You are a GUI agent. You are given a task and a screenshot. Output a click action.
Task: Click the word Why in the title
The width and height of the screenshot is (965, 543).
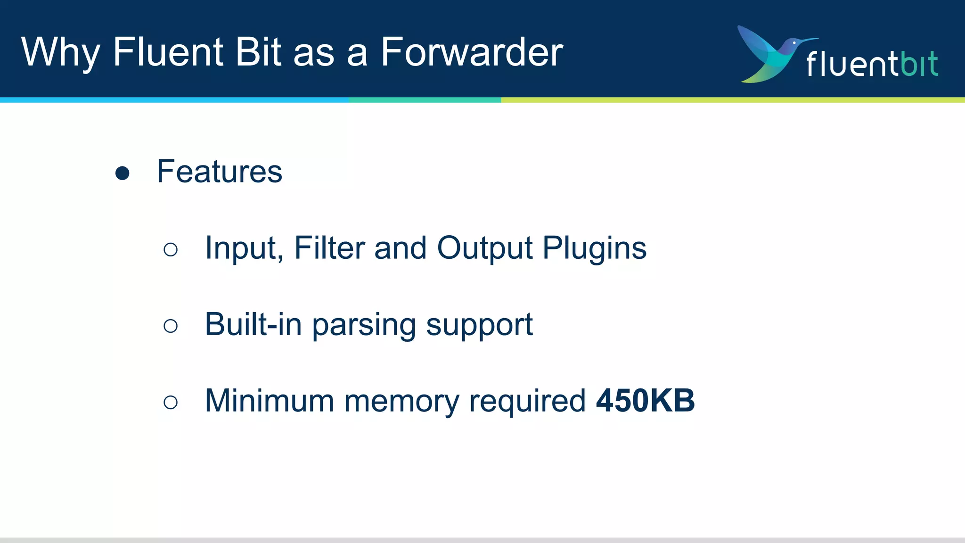[x=60, y=53]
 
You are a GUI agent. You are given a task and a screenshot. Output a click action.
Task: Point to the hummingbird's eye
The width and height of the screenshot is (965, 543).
[x=794, y=43]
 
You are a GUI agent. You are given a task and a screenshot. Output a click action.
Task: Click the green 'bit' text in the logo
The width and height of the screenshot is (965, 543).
[x=919, y=64]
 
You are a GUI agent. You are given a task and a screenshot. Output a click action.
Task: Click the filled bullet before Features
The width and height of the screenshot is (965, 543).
[x=123, y=173]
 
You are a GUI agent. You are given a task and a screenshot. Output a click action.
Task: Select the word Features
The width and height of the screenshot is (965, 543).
[x=220, y=172]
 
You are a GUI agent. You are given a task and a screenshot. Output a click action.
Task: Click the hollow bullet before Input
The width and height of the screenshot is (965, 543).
[x=171, y=249]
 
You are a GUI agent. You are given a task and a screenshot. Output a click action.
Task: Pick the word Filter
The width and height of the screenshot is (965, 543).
[x=329, y=248]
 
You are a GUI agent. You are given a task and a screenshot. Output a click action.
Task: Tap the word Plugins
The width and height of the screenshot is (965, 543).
[x=594, y=249]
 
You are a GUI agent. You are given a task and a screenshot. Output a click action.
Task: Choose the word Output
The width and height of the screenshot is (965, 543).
[x=485, y=249]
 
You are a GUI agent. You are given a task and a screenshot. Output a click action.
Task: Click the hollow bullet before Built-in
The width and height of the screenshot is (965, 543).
[x=171, y=326]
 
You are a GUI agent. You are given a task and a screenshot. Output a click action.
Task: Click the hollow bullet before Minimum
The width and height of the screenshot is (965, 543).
[x=171, y=402]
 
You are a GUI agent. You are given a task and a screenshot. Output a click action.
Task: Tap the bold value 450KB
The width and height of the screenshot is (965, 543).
[x=645, y=401]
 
